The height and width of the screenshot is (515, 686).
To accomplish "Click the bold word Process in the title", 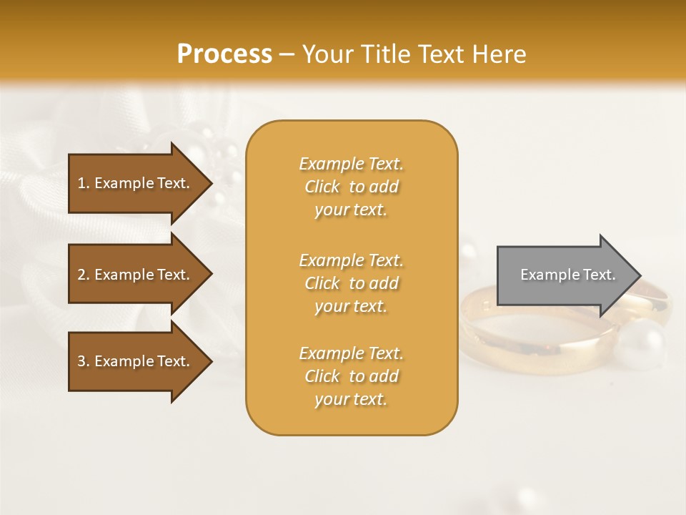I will pos(224,54).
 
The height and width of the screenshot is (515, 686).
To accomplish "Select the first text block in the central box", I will pos(351,187).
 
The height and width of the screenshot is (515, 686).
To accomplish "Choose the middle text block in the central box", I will pos(351,283).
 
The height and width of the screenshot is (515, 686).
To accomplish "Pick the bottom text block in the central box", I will pos(351,376).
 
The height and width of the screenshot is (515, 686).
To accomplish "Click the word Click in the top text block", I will pos(322,187).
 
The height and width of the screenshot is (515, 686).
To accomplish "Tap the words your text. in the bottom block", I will pos(351,399).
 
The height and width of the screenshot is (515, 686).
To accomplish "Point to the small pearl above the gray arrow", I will pos(468,251).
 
